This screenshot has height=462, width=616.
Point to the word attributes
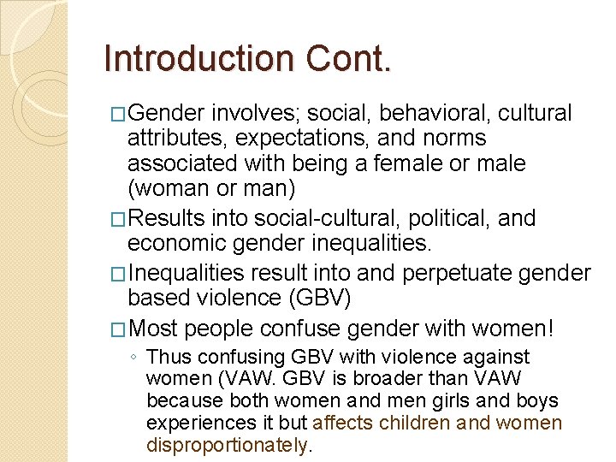(x=176, y=138)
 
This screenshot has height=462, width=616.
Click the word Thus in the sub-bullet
(x=169, y=357)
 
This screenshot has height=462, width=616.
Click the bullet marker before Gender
(x=119, y=114)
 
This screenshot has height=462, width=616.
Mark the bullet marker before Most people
(x=119, y=328)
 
